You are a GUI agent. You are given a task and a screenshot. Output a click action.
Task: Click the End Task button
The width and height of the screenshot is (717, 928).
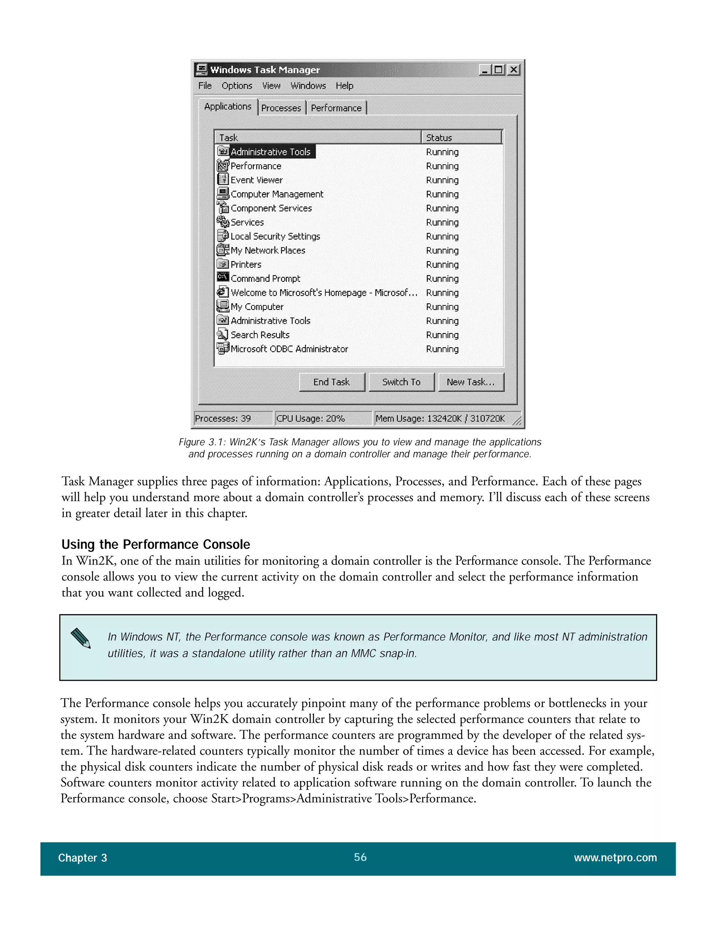[331, 382]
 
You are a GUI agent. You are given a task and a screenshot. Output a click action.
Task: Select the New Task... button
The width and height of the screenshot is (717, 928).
[471, 382]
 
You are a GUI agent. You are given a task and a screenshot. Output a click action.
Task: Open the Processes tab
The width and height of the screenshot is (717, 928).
[281, 108]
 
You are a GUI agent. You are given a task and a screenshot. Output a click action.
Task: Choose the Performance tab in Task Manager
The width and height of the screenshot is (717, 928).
[336, 108]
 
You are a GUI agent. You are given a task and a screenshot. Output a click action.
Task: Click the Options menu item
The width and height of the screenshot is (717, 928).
[237, 86]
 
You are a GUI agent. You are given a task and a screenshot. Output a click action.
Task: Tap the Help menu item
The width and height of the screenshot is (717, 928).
[344, 86]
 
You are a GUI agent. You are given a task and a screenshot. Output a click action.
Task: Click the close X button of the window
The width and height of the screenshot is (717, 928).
[514, 69]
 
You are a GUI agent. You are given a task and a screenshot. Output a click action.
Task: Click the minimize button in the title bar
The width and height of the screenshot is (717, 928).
[485, 69]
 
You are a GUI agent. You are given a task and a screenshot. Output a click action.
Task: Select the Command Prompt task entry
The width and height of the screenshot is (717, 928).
[265, 279]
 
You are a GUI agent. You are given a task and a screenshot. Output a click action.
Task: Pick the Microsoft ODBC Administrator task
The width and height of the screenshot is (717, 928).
[289, 349]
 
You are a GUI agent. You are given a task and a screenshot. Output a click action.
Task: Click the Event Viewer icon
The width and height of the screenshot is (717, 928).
[223, 179]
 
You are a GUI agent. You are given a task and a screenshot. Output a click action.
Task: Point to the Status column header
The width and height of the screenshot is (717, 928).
[461, 137]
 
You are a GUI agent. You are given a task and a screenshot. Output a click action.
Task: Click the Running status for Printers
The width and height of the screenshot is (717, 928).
[442, 265]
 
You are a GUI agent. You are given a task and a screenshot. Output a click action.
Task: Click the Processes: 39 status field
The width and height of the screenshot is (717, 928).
[232, 418]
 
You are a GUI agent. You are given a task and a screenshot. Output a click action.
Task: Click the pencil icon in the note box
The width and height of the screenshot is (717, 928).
[81, 638]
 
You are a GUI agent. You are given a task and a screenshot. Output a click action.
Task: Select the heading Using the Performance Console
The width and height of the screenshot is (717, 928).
[155, 544]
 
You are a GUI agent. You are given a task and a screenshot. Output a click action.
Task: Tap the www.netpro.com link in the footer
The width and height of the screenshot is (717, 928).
[615, 858]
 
